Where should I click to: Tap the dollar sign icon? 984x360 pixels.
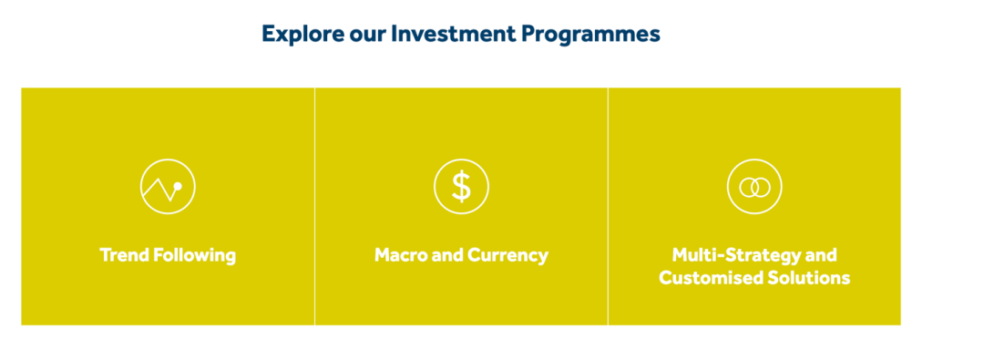coord(461,187)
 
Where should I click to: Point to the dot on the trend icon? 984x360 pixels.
coord(178,186)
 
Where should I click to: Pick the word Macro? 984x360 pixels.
coord(402,256)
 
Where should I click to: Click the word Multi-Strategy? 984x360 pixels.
coord(737,256)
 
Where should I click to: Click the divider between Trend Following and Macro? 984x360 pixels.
coord(314,206)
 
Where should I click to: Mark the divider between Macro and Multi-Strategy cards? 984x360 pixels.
coord(608,206)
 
